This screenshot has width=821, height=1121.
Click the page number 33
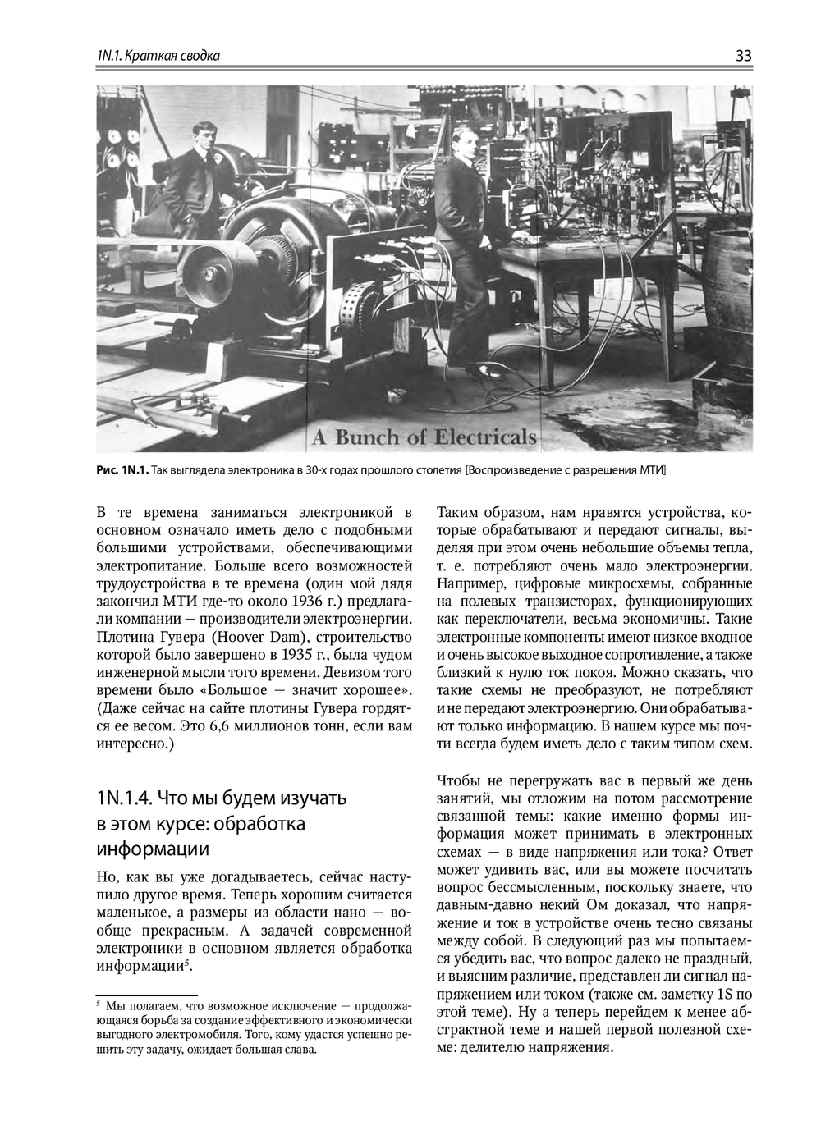(743, 56)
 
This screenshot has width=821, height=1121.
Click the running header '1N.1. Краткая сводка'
(158, 56)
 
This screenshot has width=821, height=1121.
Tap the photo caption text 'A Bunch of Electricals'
(424, 437)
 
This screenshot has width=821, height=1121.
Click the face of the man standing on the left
(203, 132)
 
